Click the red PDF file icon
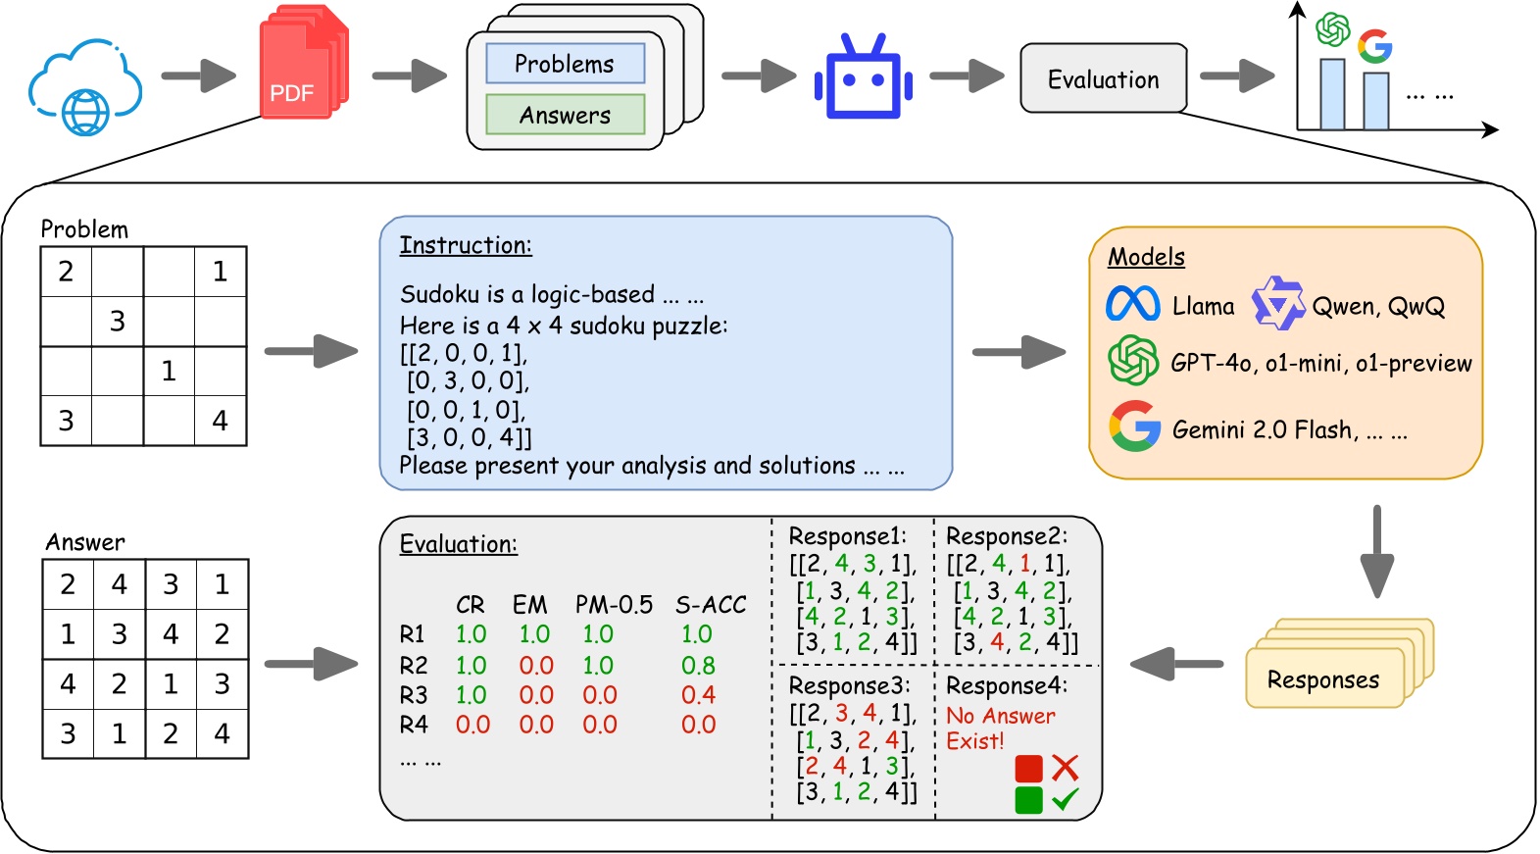pos(304,62)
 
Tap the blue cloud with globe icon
pos(85,86)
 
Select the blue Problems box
pos(566,64)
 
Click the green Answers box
pos(566,114)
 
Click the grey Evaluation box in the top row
pos(1104,78)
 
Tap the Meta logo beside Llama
pos(1133,304)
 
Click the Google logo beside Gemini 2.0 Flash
pos(1135,426)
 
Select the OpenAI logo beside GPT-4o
pos(1133,360)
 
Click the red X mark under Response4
pos(1065,768)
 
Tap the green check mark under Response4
pos(1065,798)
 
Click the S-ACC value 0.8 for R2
pos(698,665)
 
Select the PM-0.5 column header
pos(614,604)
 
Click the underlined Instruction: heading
pos(467,245)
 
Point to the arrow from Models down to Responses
pos(1377,552)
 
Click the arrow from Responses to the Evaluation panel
pos(1176,664)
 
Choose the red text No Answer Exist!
pos(1000,728)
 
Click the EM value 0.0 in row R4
pos(535,724)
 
